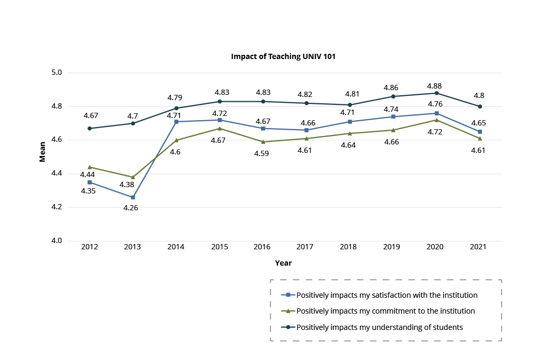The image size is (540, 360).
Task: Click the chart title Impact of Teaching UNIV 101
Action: pyautogui.click(x=283, y=56)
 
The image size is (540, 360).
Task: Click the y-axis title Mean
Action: pyautogui.click(x=43, y=157)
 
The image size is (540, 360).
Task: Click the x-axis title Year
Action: pyautogui.click(x=283, y=262)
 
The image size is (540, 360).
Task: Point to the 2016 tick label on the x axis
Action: pyautogui.click(x=262, y=247)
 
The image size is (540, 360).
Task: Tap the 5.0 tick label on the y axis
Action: pyautogui.click(x=57, y=73)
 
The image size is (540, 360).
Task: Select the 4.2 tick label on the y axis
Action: pyautogui.click(x=57, y=207)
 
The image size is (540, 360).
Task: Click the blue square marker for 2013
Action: pyautogui.click(x=133, y=197)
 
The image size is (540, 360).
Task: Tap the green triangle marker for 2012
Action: pyautogui.click(x=90, y=167)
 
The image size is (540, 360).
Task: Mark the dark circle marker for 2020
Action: pyautogui.click(x=437, y=93)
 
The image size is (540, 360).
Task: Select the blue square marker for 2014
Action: pyautogui.click(x=176, y=122)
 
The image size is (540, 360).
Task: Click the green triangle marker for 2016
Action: pyautogui.click(x=263, y=142)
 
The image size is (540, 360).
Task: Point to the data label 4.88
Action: pyautogui.click(x=434, y=86)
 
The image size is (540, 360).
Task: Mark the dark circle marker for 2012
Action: pyautogui.click(x=90, y=128)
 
